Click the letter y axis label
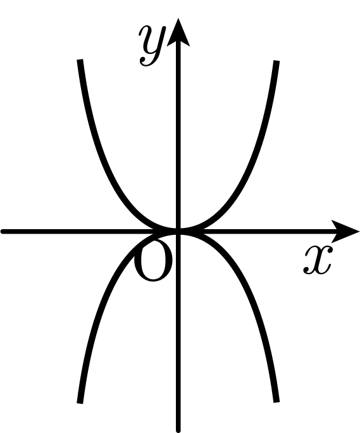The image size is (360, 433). pyautogui.click(x=152, y=46)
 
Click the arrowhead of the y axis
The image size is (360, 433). pyautogui.click(x=178, y=31)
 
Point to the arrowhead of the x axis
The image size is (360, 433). pyautogui.click(x=345, y=232)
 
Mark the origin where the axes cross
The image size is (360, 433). pyautogui.click(x=178, y=232)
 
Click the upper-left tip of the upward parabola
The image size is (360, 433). pyautogui.click(x=80, y=60)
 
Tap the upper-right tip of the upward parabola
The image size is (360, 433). pyautogui.click(x=276, y=61)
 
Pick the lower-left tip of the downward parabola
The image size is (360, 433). pyautogui.click(x=80, y=403)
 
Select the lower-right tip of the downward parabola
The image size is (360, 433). pyautogui.click(x=276, y=402)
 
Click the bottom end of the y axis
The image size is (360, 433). pyautogui.click(x=178, y=430)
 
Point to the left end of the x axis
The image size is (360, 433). pyautogui.click(x=3, y=232)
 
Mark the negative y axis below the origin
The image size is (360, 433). pyautogui.click(x=178, y=331)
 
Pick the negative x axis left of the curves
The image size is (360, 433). pyautogui.click(x=77, y=232)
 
